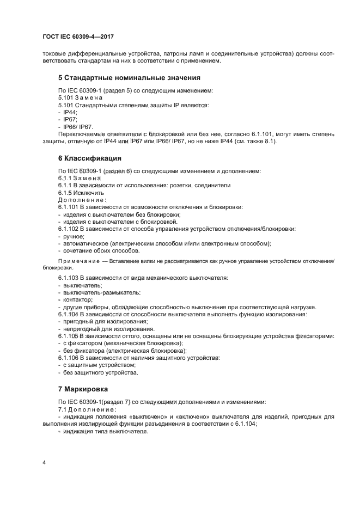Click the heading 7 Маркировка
(x=83, y=389)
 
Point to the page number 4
(x=44, y=462)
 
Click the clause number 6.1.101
(x=69, y=207)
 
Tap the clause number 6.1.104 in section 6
(x=69, y=314)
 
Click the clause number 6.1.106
(x=69, y=358)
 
